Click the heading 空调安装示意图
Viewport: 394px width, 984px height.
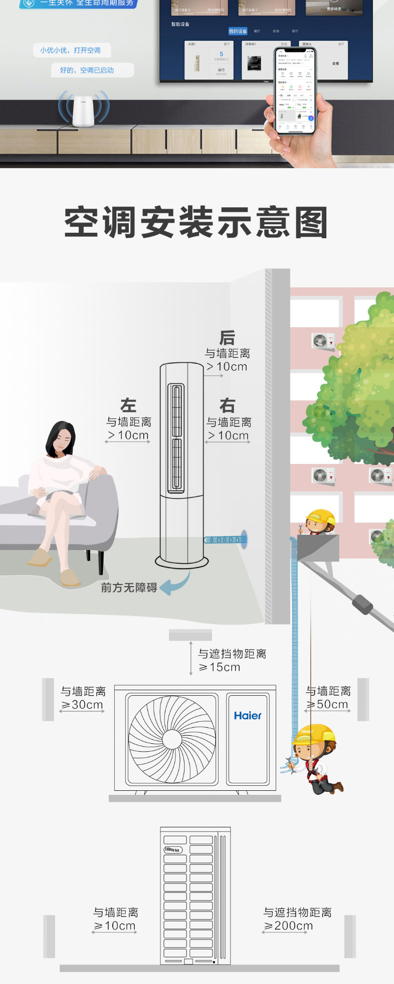(196, 222)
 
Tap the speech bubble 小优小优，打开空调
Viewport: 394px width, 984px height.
(71, 50)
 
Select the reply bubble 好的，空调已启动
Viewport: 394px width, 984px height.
(87, 70)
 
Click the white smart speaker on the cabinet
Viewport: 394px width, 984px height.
(84, 110)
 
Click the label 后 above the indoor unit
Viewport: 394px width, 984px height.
(227, 337)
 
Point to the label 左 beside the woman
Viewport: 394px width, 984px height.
(128, 405)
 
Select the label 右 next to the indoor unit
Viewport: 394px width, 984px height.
(228, 405)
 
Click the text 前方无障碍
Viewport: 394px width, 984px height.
(129, 588)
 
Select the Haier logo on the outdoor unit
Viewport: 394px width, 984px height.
(248, 716)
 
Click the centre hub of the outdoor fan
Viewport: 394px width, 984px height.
(172, 739)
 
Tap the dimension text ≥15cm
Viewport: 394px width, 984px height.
(220, 667)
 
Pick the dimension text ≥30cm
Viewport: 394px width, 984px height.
(82, 705)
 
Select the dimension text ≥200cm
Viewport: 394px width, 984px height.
(288, 926)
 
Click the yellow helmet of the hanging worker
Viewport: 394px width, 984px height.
(315, 734)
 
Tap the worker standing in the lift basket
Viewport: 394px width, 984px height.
(319, 524)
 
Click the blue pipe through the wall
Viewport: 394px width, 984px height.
(226, 540)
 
